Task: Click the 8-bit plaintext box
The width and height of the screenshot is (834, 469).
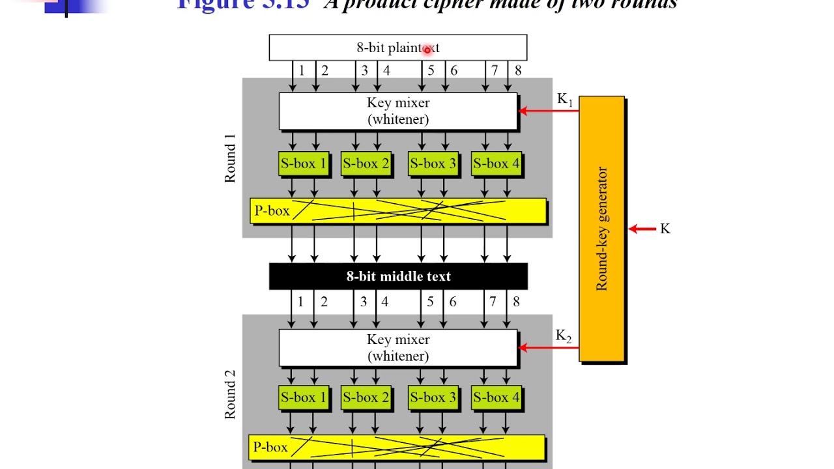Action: tap(397, 48)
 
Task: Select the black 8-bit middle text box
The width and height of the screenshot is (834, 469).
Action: tap(397, 276)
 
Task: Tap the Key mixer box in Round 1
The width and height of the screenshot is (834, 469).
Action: tap(397, 111)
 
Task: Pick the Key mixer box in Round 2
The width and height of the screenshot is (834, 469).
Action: tap(397, 347)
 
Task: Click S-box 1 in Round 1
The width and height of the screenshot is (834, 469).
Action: tap(303, 163)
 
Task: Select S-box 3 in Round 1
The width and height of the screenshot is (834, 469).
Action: tap(433, 163)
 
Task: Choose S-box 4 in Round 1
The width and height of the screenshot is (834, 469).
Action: tap(496, 163)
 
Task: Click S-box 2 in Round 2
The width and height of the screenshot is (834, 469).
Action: tap(366, 397)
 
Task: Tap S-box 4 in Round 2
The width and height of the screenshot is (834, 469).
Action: tap(496, 397)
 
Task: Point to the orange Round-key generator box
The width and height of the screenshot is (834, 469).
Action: tap(601, 229)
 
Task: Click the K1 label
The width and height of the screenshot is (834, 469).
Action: tap(565, 100)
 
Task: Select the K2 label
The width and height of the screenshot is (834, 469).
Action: tap(564, 336)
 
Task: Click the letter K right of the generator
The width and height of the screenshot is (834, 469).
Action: tap(665, 229)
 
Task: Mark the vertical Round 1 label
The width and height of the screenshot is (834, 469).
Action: tap(230, 163)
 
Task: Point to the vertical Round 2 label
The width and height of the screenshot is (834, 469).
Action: tap(230, 394)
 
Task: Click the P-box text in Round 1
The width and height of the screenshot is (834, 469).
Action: tap(272, 211)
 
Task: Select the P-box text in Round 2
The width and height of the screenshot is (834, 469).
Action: tap(270, 448)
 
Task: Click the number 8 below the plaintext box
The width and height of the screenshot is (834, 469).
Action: tap(518, 70)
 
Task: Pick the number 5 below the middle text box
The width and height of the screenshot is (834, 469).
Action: tap(430, 302)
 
